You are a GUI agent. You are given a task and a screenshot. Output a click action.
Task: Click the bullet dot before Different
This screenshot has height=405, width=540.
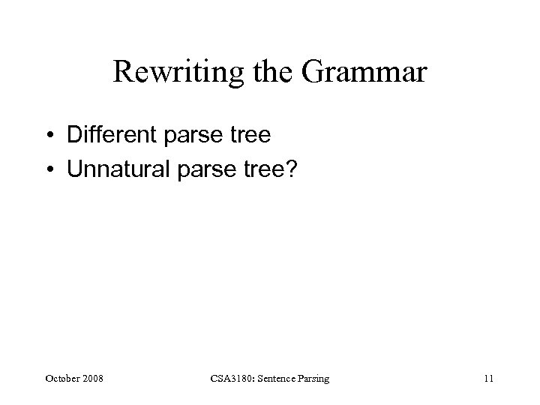pos(50,136)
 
